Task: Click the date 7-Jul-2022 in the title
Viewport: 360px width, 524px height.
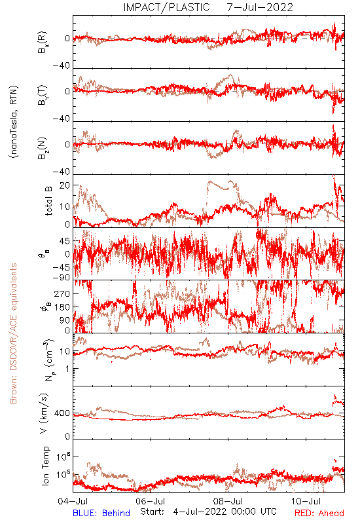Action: click(x=260, y=7)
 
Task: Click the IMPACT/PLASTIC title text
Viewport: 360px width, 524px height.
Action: click(x=166, y=7)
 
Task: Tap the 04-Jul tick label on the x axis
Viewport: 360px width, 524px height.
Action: click(x=73, y=501)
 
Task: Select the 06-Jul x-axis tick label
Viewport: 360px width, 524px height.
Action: click(x=151, y=501)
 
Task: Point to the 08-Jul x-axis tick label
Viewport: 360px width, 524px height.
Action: click(x=228, y=501)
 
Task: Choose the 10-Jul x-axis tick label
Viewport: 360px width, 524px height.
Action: click(x=306, y=501)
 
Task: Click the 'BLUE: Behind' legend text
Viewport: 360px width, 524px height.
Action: click(x=101, y=513)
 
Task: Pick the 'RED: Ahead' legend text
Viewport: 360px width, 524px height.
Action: click(x=319, y=513)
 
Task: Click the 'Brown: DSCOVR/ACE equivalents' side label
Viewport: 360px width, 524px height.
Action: click(x=13, y=333)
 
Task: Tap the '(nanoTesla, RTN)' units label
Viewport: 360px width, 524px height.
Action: click(x=14, y=122)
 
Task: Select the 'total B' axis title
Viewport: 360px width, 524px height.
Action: click(x=48, y=200)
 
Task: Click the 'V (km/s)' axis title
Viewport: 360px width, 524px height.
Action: click(x=44, y=413)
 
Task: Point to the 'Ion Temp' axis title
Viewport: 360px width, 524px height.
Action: click(x=45, y=466)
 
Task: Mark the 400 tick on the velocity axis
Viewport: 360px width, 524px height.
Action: click(x=62, y=413)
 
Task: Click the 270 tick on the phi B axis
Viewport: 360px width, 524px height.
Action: click(x=62, y=293)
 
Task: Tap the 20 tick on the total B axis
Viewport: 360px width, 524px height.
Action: click(x=64, y=185)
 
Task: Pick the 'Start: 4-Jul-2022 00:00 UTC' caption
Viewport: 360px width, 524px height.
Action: click(x=208, y=512)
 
